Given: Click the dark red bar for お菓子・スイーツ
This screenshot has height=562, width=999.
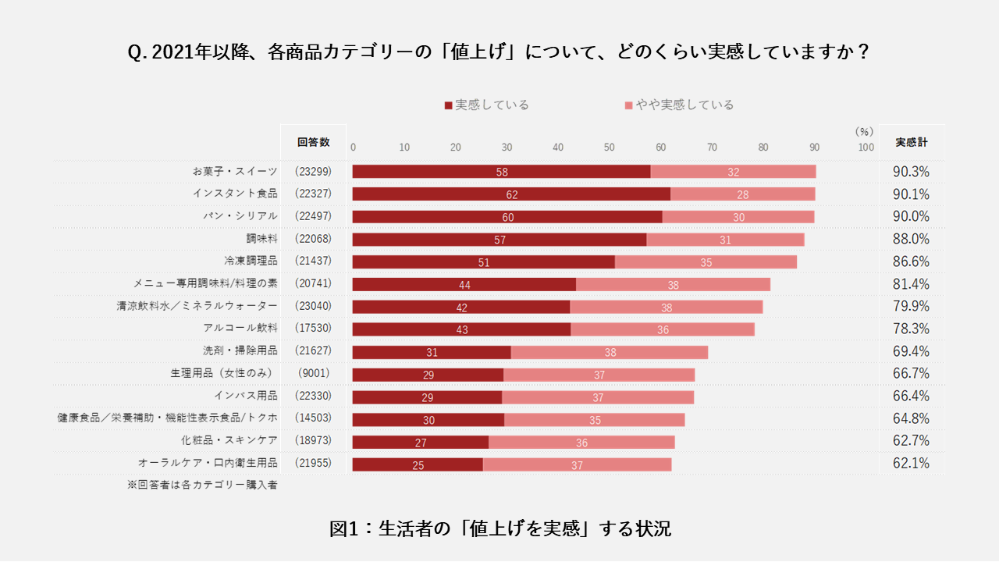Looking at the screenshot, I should (x=501, y=172).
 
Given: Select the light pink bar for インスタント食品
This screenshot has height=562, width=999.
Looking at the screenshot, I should (x=742, y=194).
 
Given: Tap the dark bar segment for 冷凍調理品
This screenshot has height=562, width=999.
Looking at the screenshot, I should (x=483, y=262).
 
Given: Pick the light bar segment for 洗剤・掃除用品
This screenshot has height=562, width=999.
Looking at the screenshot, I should (x=609, y=352).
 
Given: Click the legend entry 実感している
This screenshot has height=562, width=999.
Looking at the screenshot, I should (x=487, y=105).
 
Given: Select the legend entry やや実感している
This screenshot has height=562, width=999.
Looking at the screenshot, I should (x=679, y=105).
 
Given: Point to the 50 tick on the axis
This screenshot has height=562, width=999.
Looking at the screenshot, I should (x=609, y=147).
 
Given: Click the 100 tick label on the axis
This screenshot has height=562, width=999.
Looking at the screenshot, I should (x=866, y=147).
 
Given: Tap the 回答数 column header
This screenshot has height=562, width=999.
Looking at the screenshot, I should (x=313, y=142).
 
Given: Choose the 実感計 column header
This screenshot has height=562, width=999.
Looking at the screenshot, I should (x=911, y=142).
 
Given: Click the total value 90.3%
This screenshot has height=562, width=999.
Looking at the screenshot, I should (x=911, y=172).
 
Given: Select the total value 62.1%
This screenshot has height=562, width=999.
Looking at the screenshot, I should (x=911, y=464).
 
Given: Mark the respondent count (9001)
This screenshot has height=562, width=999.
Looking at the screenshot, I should (x=313, y=374).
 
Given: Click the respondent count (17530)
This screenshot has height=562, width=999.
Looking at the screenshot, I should (x=313, y=329).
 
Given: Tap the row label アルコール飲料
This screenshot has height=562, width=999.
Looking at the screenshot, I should (x=240, y=329).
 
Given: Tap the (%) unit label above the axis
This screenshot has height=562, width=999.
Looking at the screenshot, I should (x=863, y=131).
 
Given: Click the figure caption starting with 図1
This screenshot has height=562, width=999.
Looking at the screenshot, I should (x=499, y=528).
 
